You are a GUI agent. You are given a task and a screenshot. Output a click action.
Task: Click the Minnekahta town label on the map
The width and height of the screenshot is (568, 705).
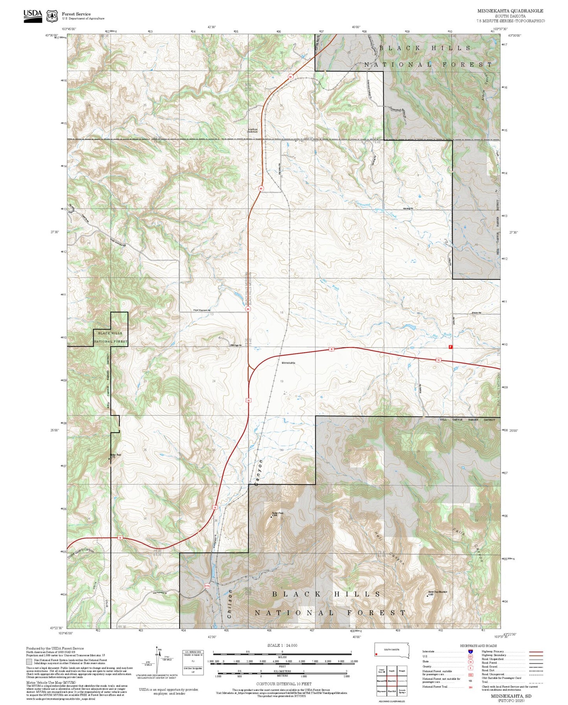[288, 363]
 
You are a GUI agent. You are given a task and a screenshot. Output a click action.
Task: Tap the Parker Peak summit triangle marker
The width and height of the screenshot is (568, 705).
[272, 517]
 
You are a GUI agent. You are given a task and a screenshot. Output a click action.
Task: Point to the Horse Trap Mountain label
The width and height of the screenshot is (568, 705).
[437, 592]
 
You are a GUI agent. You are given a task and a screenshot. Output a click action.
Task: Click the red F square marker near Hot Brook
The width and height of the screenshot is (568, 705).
[450, 347]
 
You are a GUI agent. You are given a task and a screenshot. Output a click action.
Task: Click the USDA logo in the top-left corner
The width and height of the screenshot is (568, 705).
[33, 16]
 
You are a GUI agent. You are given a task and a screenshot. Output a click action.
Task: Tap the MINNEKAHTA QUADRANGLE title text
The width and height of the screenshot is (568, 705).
[510, 11]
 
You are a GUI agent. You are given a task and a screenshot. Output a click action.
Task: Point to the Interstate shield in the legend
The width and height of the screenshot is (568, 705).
[470, 651]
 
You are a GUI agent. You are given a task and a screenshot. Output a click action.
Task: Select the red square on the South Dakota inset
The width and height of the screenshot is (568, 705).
[377, 654]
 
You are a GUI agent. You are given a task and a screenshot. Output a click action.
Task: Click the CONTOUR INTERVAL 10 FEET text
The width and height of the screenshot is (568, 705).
[282, 684]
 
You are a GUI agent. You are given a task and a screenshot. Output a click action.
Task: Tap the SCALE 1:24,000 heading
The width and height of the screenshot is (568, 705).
[282, 645]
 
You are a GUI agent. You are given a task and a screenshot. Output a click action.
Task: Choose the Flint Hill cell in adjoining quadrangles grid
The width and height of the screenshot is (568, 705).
[392, 691]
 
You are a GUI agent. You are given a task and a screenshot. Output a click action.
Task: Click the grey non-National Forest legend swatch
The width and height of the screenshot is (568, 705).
[29, 662]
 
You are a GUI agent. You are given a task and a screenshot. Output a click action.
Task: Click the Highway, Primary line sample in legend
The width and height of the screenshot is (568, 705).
[536, 652]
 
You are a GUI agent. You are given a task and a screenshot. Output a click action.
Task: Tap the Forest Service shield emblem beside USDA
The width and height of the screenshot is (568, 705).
[52, 16]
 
